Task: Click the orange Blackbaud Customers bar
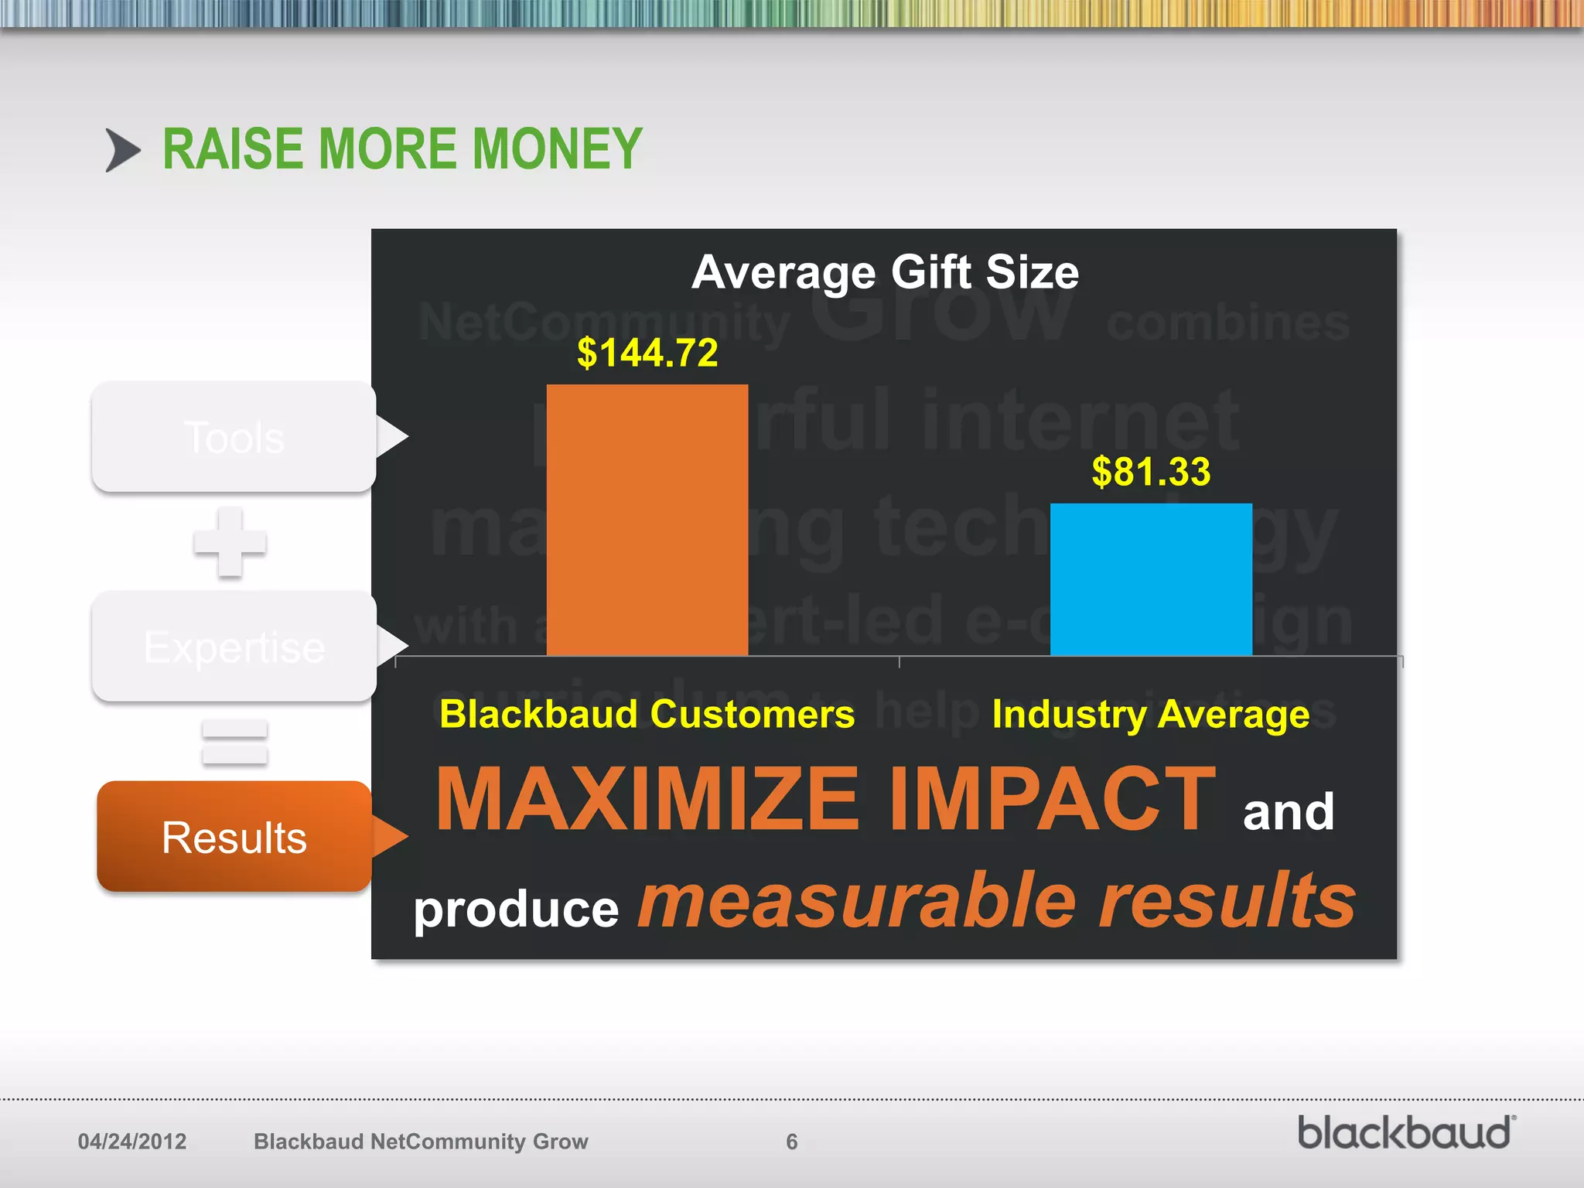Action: pos(647,520)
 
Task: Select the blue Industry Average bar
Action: pos(1151,579)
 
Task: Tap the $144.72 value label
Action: pos(647,353)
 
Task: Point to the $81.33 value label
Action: pos(1151,472)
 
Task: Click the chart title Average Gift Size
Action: pos(885,272)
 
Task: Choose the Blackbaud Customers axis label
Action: pos(647,713)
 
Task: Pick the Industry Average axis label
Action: pos(1151,713)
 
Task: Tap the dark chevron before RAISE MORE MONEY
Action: pos(122,150)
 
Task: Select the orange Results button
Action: pos(234,837)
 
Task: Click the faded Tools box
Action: pos(234,437)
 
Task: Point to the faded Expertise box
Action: pos(234,647)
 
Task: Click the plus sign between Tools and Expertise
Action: pos(230,542)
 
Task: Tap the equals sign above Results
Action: pos(234,742)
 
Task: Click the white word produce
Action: pos(516,910)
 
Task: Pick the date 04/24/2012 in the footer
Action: pos(132,1142)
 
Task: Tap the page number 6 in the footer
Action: pos(791,1142)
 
